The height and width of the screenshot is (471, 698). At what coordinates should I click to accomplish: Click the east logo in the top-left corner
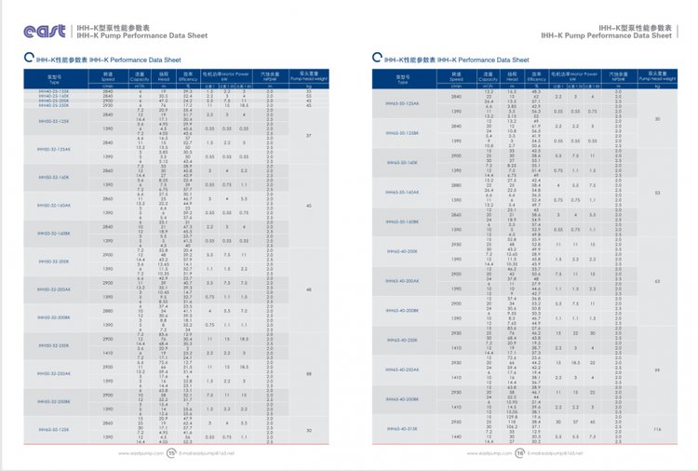44,32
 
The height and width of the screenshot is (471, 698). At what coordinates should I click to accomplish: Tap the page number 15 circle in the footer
172,454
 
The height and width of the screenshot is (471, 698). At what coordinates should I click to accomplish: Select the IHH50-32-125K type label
54,121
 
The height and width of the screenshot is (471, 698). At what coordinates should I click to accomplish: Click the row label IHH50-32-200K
54,262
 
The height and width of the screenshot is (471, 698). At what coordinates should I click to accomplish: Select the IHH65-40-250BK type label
400,398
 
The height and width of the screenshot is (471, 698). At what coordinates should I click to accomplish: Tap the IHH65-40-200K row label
400,251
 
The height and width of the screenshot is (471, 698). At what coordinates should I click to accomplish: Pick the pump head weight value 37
309,135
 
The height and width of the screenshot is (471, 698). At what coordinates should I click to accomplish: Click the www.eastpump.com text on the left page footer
136,454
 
